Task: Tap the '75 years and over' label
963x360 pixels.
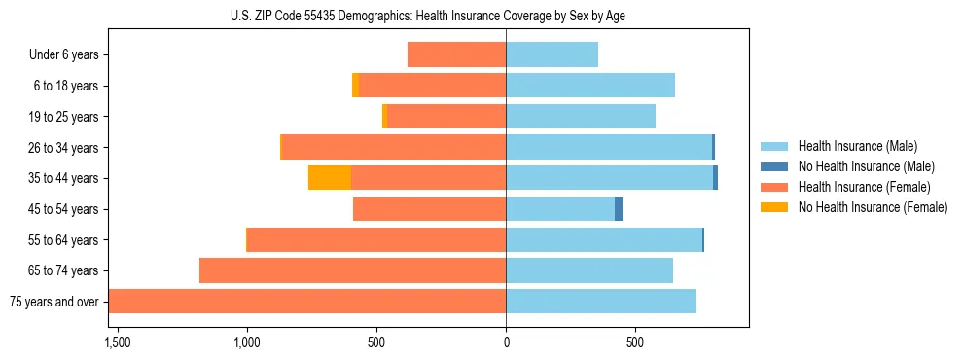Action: [x=53, y=302]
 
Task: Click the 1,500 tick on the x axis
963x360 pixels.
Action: [x=117, y=343]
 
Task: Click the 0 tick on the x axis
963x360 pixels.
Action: [x=506, y=343]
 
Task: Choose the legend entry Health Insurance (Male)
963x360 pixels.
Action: [x=856, y=146]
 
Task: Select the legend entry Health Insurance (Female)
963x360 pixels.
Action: [x=864, y=187]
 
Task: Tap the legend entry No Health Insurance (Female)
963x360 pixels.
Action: [x=873, y=207]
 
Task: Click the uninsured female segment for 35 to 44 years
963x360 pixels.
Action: [x=330, y=178]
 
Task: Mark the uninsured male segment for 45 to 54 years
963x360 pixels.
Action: [x=619, y=209]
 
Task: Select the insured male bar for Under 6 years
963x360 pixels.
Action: [x=552, y=54]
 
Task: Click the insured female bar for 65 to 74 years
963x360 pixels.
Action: [x=352, y=270]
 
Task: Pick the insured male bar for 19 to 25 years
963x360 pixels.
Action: [x=581, y=117]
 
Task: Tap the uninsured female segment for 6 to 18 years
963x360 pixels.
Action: [x=356, y=86]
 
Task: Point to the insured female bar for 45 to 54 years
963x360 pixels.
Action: [x=429, y=209]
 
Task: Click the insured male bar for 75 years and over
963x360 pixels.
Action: [x=601, y=302]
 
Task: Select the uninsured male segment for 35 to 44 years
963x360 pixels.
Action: [x=716, y=178]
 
